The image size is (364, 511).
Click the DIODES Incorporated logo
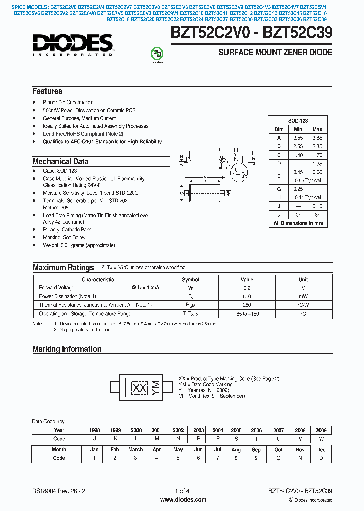[x=73, y=45]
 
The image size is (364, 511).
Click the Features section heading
[x=47, y=91]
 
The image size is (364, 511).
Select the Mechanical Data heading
[x=60, y=162]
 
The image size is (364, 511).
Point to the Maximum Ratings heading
[x=63, y=268]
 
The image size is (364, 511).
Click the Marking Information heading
[x=67, y=349]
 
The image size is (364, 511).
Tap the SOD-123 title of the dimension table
[x=298, y=121]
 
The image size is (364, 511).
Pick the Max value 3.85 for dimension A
[x=317, y=138]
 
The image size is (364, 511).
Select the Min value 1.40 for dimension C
[x=298, y=155]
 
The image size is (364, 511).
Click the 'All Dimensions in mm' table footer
[x=298, y=223]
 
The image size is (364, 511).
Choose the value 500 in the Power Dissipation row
[x=247, y=296]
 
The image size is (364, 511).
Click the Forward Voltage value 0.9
[x=247, y=288]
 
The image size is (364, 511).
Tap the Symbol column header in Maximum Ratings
[x=190, y=279]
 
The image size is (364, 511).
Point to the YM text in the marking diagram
[x=155, y=387]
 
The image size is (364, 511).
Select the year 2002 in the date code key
[x=178, y=430]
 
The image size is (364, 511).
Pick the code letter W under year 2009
[x=321, y=439]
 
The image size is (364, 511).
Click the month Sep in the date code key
[x=256, y=449]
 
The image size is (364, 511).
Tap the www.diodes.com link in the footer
[x=183, y=500]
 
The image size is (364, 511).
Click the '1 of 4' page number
[x=183, y=491]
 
